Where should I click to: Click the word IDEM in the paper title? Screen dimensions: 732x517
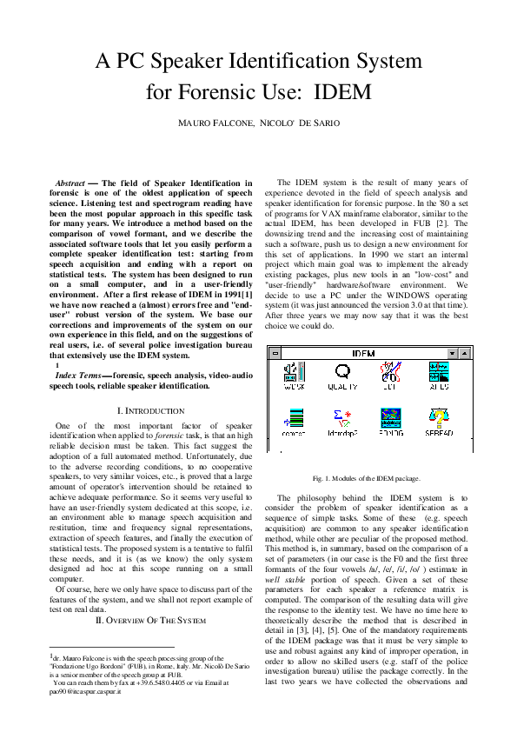[x=342, y=91]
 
